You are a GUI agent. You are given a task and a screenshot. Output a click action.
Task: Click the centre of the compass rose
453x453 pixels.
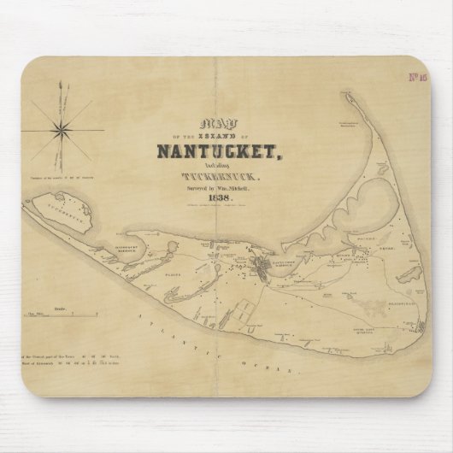click(x=62, y=128)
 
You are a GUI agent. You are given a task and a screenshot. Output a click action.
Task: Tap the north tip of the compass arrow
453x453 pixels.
click(x=62, y=83)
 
